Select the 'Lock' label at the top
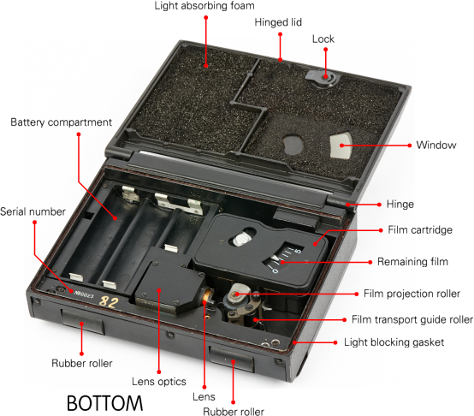(323, 39)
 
